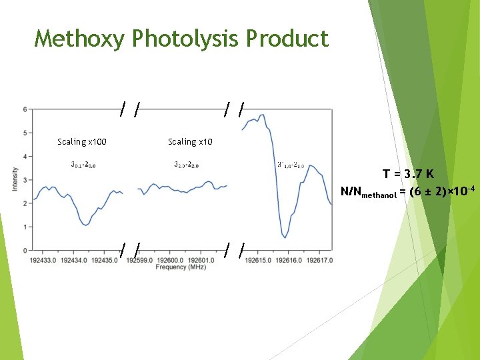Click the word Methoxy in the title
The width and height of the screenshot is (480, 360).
coord(79,39)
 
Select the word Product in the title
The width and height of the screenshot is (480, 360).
coord(287,39)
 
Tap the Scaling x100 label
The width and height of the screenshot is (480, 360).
coord(82,141)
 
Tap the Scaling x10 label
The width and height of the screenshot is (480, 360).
coord(191,141)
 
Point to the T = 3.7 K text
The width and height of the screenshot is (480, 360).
coord(408,175)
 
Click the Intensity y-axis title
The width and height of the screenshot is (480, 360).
coord(15,179)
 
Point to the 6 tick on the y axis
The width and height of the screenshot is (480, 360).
coord(25,109)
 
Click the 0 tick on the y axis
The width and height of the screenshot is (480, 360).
coord(25,251)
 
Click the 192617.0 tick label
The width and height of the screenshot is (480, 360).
coord(318,260)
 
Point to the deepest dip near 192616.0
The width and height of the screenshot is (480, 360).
coord(285,237)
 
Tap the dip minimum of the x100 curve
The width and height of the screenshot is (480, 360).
coord(85,225)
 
